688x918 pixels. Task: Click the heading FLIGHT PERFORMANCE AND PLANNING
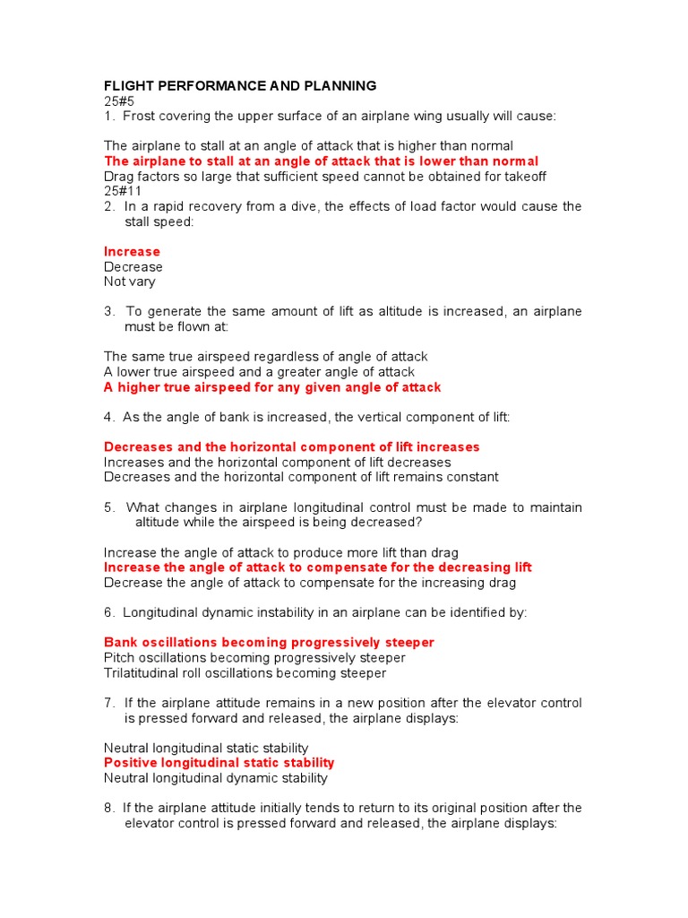tap(240, 86)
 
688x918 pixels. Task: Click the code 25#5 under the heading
tap(118, 101)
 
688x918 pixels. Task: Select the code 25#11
tap(122, 191)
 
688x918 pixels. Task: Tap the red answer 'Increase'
tap(132, 252)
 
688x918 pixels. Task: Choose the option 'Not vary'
tap(129, 281)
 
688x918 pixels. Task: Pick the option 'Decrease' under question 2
tap(133, 267)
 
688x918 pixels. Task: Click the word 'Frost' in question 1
tap(139, 117)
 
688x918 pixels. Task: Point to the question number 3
tap(108, 312)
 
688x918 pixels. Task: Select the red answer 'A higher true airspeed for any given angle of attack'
tap(272, 387)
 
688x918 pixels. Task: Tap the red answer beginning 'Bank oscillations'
tap(269, 643)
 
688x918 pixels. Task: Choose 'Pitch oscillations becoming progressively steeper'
tap(254, 658)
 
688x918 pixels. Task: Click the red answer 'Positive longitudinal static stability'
tap(219, 763)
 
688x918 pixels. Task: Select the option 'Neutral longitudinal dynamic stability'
tap(215, 778)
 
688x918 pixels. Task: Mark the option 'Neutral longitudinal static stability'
tap(205, 748)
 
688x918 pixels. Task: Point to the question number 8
tap(108, 808)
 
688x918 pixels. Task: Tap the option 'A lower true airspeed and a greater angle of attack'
tap(259, 372)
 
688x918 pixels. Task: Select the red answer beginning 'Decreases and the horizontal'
tap(291, 447)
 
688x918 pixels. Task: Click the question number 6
tap(108, 613)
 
